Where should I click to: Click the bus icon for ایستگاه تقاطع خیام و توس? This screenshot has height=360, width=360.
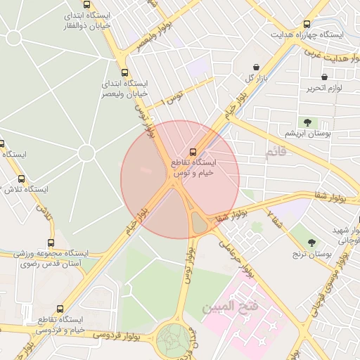tap(193, 151)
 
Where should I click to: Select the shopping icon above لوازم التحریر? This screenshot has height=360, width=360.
tap(324, 77)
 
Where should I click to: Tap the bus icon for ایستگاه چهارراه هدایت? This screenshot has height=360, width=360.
tap(306, 22)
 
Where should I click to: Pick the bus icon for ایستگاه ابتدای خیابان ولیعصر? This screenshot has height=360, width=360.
tap(124, 72)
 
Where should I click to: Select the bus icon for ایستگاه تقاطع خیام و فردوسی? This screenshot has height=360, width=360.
tap(60, 309)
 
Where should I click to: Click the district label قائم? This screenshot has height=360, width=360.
tap(276, 153)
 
